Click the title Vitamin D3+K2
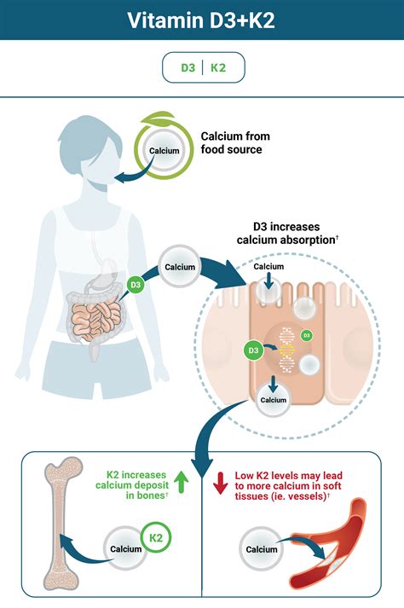tap(201, 20)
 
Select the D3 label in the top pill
tap(188, 68)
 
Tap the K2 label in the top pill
tap(218, 68)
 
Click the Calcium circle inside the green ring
tap(164, 151)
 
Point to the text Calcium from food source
tap(235, 142)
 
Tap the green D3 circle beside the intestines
tap(136, 286)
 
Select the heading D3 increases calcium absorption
tap(287, 233)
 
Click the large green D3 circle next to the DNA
tap(253, 350)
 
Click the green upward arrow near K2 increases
tap(181, 482)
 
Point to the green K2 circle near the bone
tap(156, 538)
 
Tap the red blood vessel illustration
tap(329, 546)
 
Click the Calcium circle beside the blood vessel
tap(262, 549)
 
